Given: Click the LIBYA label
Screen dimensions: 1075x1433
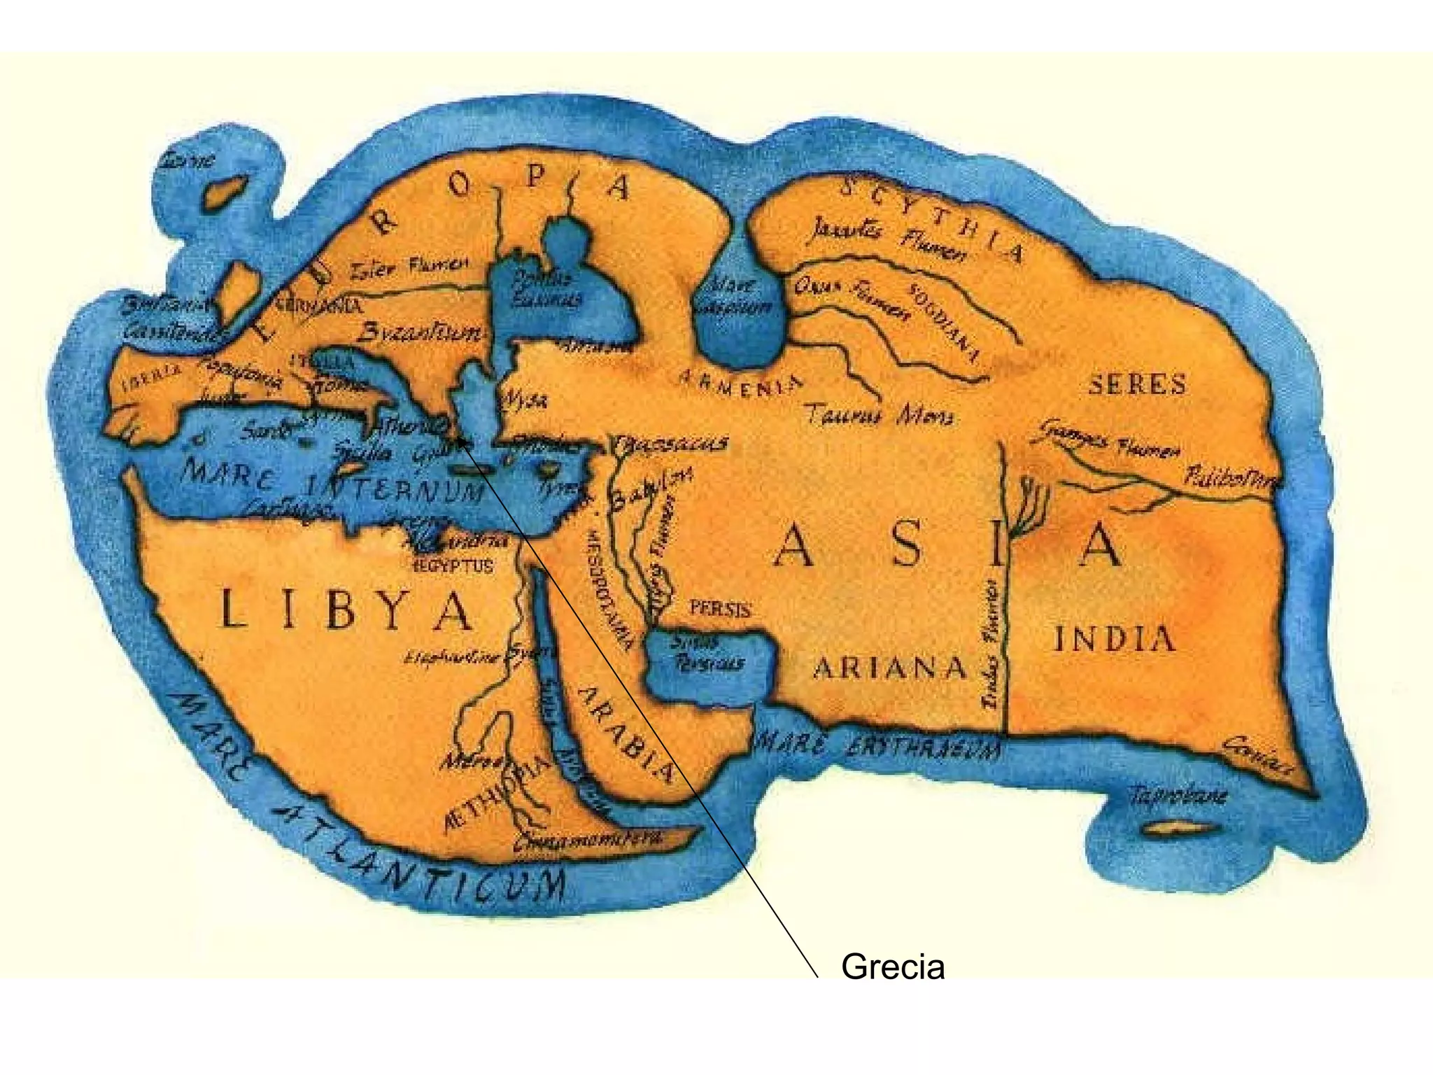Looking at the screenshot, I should [x=346, y=611].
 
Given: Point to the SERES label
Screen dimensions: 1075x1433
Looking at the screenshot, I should [x=1137, y=384].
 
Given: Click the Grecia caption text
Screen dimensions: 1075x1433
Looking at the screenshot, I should [x=893, y=967].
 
